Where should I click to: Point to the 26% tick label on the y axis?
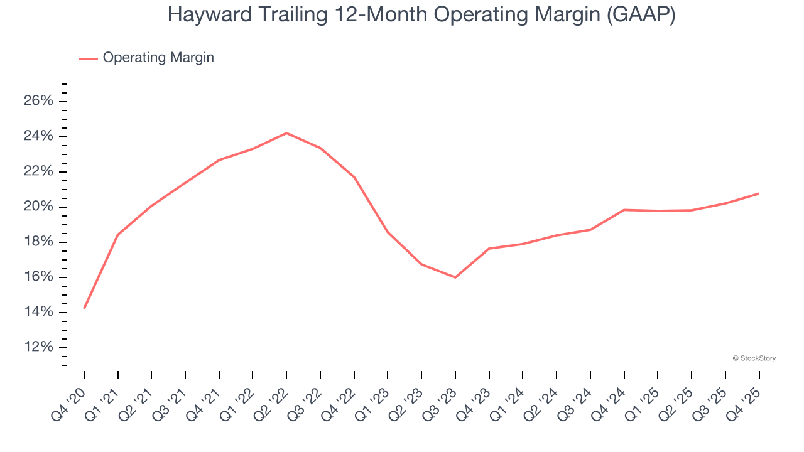point(38,102)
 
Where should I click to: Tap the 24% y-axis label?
point(38,137)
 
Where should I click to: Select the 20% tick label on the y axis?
point(38,207)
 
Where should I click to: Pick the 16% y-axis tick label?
point(38,277)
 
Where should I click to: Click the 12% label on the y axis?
point(38,348)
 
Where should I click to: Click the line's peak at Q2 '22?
point(286,133)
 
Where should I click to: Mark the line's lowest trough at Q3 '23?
point(455,277)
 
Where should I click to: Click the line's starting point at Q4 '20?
point(84,308)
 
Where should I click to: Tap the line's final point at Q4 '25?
point(759,193)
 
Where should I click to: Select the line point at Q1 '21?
point(118,235)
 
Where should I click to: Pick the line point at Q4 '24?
point(624,210)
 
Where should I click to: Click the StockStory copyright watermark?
point(754,358)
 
